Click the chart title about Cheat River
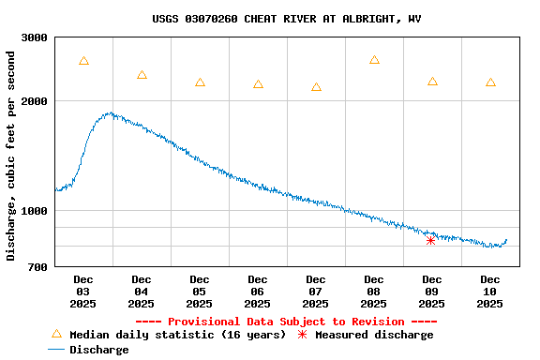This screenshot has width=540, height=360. [286, 19]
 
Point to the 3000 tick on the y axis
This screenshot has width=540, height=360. [35, 37]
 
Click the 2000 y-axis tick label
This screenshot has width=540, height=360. [35, 101]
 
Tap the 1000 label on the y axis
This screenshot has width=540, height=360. [35, 211]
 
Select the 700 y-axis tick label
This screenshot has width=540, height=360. [37, 267]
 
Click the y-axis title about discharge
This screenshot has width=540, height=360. [11, 155]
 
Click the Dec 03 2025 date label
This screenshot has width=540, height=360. [83, 291]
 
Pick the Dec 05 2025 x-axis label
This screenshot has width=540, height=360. [200, 291]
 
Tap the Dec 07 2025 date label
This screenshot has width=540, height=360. [316, 291]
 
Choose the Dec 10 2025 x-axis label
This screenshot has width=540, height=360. [490, 291]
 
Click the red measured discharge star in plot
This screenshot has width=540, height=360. [430, 240]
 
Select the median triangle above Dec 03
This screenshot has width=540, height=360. [83, 61]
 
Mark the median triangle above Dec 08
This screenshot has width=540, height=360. [374, 60]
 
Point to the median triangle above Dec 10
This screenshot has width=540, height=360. [490, 82]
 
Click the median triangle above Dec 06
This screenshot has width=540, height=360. [258, 84]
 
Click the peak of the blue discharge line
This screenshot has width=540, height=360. [111, 113]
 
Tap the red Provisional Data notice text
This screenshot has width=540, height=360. [286, 322]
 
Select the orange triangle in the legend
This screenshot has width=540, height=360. [56, 334]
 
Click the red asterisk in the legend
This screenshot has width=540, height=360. [302, 335]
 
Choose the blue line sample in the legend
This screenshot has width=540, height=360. [58, 350]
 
